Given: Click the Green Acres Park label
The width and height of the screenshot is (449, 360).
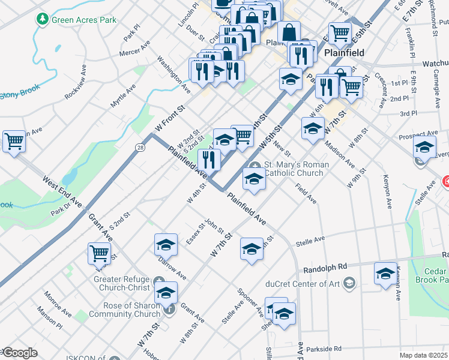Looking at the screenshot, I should pyautogui.click(x=83, y=20).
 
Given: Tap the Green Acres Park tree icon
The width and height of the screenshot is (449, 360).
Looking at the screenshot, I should pyautogui.click(x=42, y=20).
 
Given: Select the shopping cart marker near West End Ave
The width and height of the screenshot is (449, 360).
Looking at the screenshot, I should pyautogui.click(x=14, y=142).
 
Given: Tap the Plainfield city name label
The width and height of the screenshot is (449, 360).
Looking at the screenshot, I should pyautogui.click(x=344, y=53).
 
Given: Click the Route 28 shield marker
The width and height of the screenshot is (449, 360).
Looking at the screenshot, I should pyautogui.click(x=140, y=147).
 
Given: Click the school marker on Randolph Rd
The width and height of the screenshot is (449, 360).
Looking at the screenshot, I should pyautogui.click(x=385, y=273).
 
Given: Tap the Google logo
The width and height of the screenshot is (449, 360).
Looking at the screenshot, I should pyautogui.click(x=20, y=353).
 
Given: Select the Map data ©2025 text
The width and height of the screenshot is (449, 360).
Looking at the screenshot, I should pyautogui.click(x=423, y=355).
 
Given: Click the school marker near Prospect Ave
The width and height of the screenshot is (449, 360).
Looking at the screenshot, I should pyautogui.click(x=424, y=146).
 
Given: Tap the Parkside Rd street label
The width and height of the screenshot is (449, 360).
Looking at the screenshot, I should pyautogui.click(x=322, y=348).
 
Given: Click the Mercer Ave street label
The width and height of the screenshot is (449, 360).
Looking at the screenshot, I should pyautogui.click(x=134, y=53).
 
